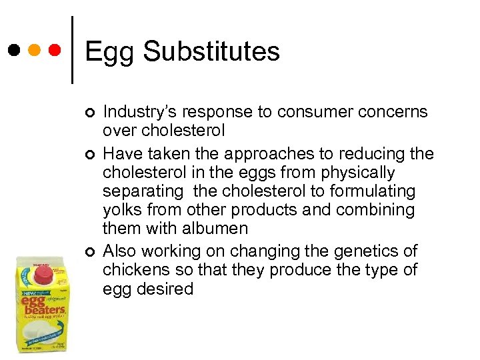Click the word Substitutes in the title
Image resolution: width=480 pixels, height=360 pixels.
[x=211, y=51]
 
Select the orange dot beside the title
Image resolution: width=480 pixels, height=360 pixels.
[x=34, y=49]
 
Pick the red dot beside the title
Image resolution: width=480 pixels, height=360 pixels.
[x=55, y=49]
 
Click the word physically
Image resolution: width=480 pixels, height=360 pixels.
[x=359, y=173]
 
